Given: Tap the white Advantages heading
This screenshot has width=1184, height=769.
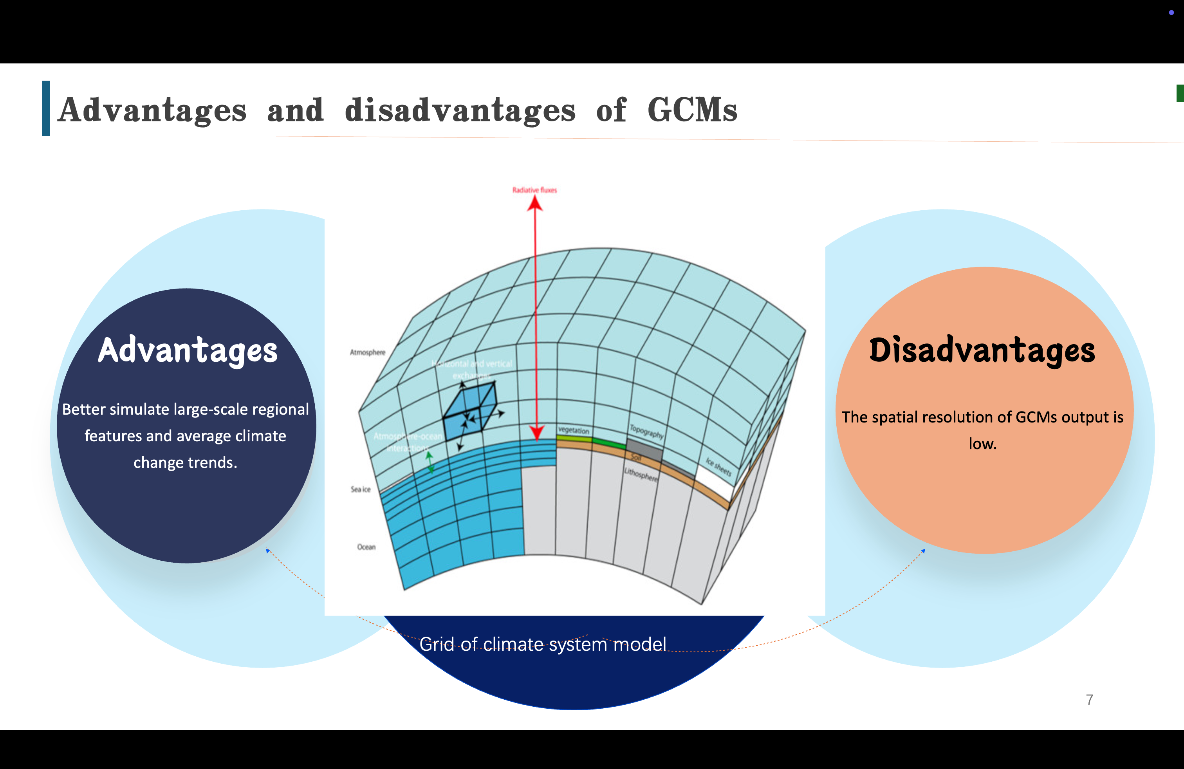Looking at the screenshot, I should (x=188, y=351).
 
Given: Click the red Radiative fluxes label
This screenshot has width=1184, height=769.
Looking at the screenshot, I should (x=534, y=190).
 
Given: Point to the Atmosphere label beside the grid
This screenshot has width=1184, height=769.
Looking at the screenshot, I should (x=368, y=352).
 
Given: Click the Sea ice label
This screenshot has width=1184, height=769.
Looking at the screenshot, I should (x=361, y=489).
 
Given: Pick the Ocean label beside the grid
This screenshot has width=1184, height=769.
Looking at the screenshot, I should (x=366, y=547).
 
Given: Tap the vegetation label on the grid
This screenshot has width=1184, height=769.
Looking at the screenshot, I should (x=573, y=430).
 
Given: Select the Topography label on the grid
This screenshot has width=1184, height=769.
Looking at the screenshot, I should (x=646, y=431).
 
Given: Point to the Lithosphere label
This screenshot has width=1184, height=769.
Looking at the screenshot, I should (x=641, y=475).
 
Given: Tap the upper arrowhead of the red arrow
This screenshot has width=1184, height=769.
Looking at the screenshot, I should (x=535, y=204).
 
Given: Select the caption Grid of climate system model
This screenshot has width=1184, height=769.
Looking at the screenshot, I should (x=542, y=644).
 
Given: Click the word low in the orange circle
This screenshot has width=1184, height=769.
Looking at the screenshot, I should (x=982, y=444).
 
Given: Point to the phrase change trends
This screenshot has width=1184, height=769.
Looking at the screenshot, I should (x=185, y=462).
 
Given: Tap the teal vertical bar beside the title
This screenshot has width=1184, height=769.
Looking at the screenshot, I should (x=46, y=108).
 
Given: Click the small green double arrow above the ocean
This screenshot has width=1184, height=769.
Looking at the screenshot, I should (x=430, y=462).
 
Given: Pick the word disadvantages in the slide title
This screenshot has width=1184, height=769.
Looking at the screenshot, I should (x=460, y=110).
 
